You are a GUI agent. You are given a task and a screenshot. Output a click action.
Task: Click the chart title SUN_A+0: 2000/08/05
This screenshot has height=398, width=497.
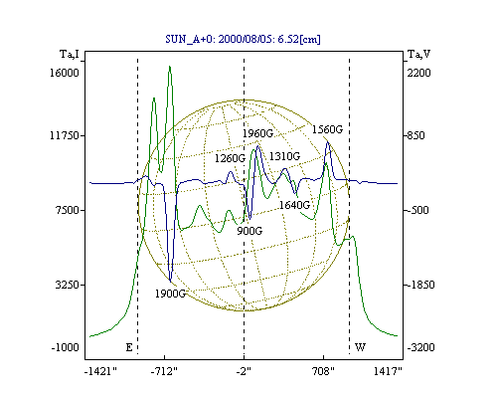click(x=220, y=39)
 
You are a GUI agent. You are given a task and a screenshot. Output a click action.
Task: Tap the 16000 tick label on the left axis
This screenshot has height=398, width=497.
click(x=65, y=73)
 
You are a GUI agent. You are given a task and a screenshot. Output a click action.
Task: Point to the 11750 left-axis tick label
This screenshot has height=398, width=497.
click(x=65, y=135)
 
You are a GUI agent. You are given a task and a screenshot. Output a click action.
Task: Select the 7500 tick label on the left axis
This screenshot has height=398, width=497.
click(x=68, y=210)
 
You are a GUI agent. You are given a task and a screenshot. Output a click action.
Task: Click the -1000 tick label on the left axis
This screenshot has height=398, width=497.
click(x=66, y=347)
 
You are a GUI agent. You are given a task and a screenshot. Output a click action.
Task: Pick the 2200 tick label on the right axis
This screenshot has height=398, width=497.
click(x=418, y=73)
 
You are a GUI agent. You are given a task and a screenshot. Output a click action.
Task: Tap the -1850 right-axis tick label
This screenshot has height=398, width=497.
click(x=420, y=285)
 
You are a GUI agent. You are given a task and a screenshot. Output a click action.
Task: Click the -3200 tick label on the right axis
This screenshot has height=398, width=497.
click(x=420, y=347)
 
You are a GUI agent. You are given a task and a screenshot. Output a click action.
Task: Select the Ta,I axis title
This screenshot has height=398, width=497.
click(x=70, y=54)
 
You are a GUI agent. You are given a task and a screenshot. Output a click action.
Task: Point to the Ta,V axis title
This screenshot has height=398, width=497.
click(x=418, y=54)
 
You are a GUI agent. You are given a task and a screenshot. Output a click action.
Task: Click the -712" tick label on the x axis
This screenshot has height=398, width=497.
click(x=164, y=372)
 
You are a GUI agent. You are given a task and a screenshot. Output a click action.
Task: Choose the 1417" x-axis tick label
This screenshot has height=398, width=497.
click(x=388, y=371)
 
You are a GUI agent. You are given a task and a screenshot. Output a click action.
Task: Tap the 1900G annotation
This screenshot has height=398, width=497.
click(x=171, y=294)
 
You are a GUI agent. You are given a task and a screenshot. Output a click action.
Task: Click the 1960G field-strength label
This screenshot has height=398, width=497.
click(x=258, y=133)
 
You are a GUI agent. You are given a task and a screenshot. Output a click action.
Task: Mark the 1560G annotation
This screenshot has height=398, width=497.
click(x=327, y=129)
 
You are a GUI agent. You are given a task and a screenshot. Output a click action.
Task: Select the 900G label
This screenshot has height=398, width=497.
click(x=249, y=231)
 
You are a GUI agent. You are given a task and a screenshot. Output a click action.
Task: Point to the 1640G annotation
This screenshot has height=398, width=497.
click(x=294, y=205)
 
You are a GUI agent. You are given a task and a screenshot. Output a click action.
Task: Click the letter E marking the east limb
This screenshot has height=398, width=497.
click(x=129, y=347)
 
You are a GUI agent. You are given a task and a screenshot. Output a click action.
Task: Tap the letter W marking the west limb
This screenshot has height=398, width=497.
click(x=360, y=347)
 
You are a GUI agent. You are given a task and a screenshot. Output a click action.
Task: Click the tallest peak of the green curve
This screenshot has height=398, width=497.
click(x=170, y=67)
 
